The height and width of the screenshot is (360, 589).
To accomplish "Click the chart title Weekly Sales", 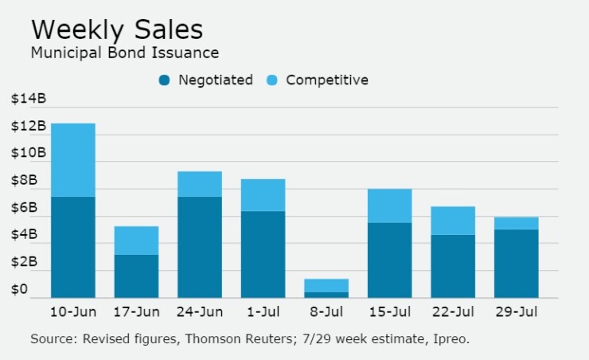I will pos(116,29).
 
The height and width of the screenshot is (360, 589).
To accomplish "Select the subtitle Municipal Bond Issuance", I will pos(124,53).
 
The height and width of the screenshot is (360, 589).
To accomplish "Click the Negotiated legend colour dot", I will pos(166,80).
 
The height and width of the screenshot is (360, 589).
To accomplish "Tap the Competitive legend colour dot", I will pos(273,80).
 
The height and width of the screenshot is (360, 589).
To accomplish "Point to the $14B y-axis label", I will pos(29,99).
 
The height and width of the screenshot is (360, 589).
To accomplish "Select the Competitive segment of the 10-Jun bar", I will pos(72,159).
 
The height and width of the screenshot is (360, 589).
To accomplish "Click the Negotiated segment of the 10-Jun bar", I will pos(72,247).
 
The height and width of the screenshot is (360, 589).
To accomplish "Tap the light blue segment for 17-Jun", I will pos(136,240).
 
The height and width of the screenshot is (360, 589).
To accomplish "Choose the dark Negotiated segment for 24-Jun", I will pos(200,247).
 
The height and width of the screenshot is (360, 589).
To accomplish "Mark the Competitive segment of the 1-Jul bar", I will pos(263,194).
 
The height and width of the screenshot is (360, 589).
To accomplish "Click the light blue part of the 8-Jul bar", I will pos(326,285).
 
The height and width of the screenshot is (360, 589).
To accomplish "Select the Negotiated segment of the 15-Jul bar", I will pos(390,260).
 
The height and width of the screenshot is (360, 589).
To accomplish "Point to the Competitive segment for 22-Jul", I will pos(453,220).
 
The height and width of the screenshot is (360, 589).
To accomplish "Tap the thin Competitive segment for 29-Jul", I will pos(517,223).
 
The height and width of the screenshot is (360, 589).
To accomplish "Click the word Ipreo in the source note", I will pos(451,338).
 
